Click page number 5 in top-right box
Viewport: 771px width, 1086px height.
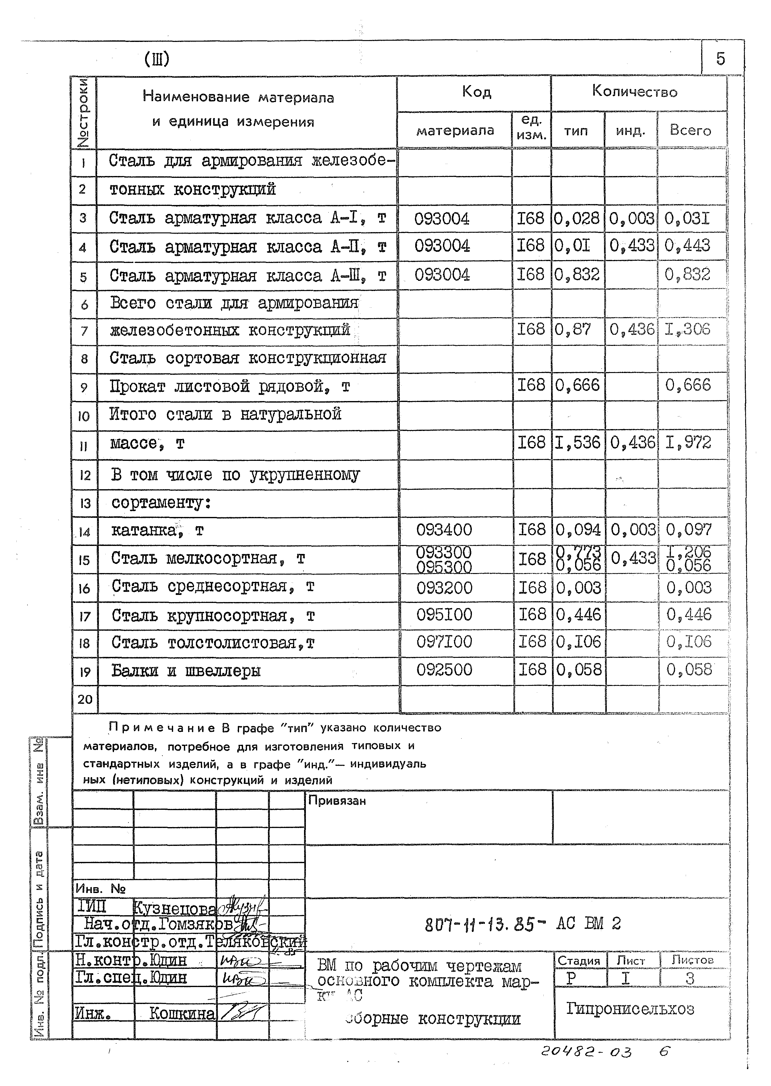click(720, 59)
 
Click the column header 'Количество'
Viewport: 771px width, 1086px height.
click(634, 91)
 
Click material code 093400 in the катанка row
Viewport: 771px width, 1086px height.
click(444, 530)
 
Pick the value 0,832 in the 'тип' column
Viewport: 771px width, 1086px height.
click(577, 275)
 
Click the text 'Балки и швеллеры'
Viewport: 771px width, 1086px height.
click(186, 671)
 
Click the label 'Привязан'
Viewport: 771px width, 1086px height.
click(337, 801)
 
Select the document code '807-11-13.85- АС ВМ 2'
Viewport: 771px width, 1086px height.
click(522, 924)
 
